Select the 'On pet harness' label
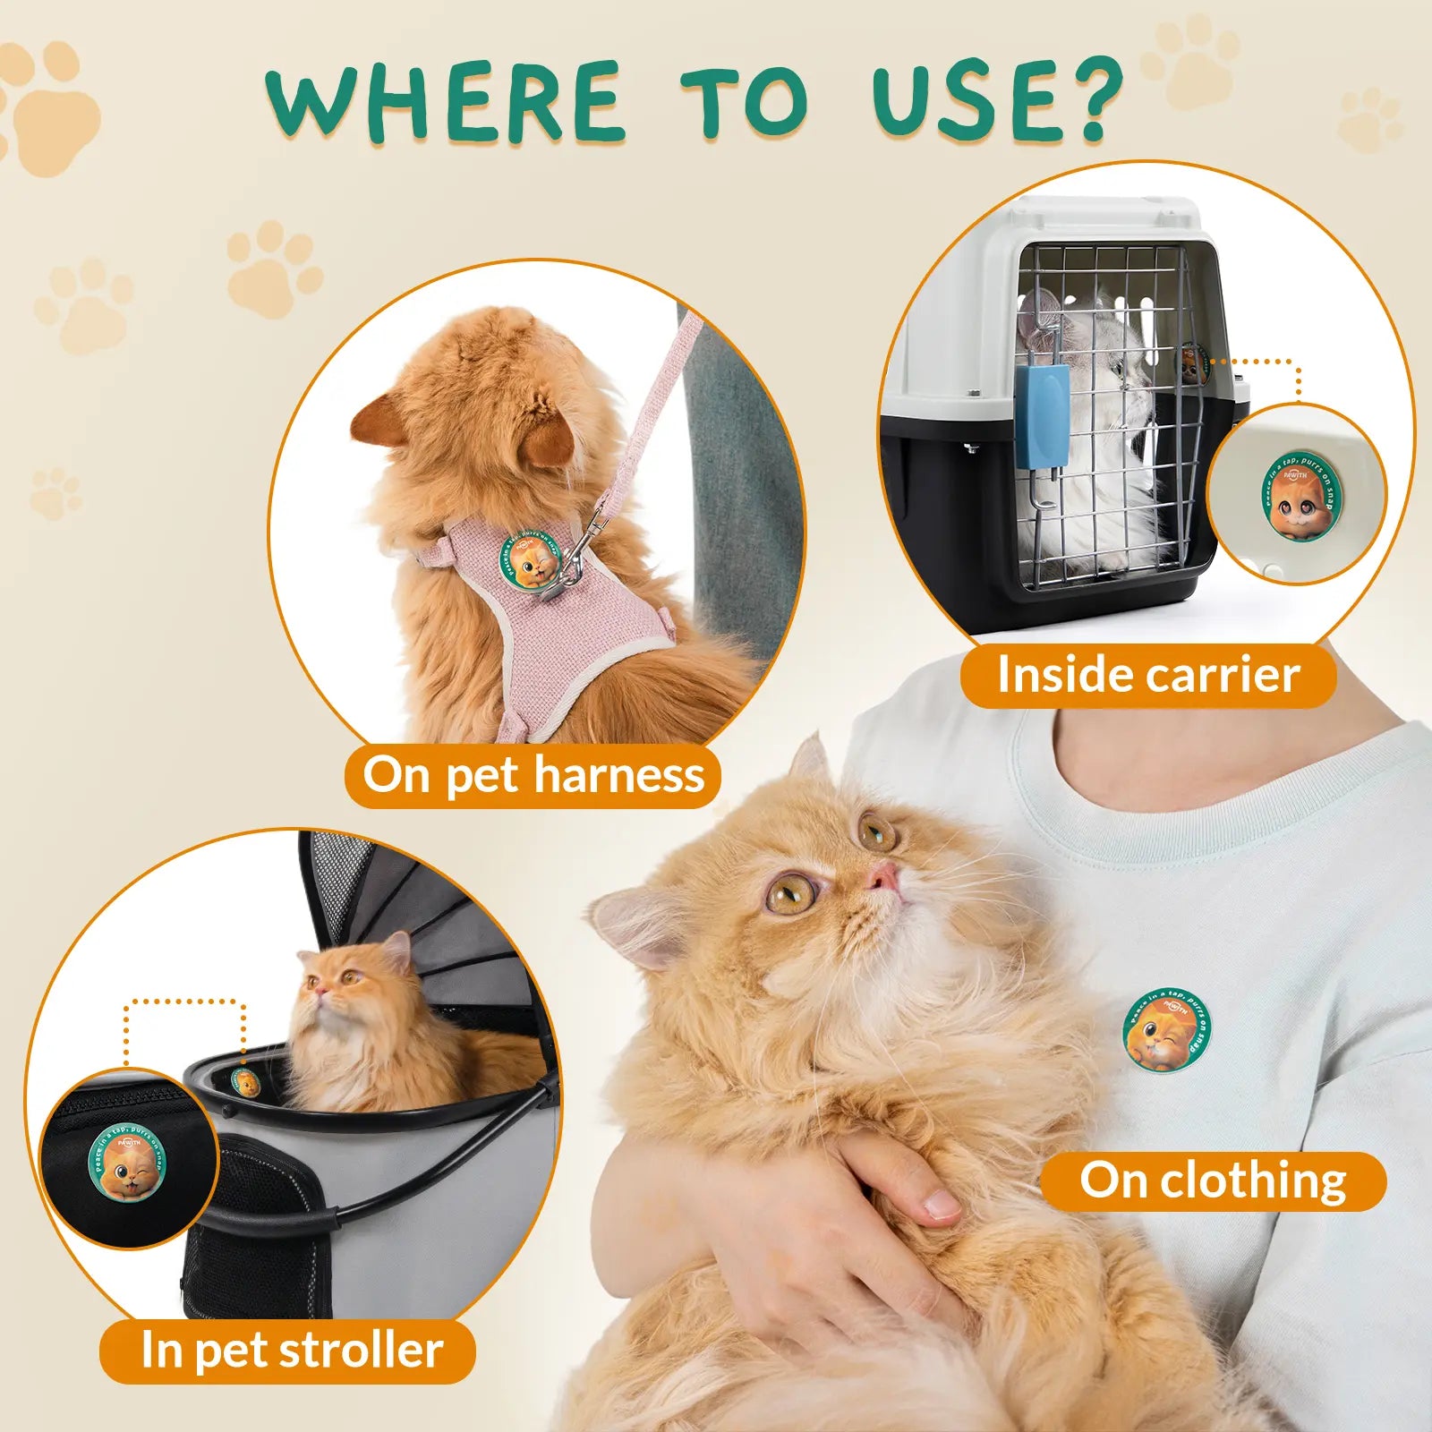533,775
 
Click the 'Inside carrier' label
1148,675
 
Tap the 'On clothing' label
1213,1181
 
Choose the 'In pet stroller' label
292,1351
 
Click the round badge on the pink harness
531,560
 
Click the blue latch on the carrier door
1042,418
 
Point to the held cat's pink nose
883,877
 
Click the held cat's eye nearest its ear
791,893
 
